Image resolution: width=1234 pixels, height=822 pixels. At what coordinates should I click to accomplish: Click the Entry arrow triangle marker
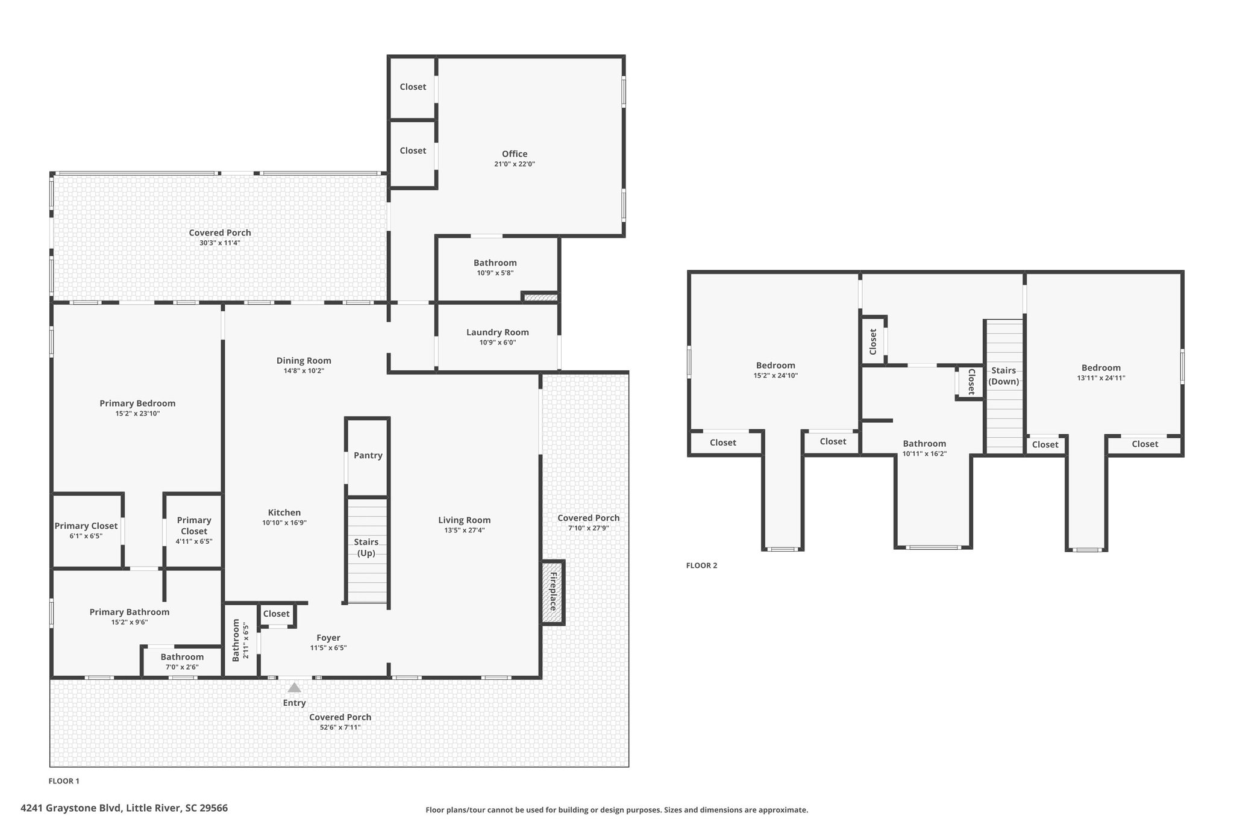tap(294, 688)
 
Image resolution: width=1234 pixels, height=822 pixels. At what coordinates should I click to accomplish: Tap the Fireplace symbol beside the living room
tap(553, 593)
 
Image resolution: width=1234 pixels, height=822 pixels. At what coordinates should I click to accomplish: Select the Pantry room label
tap(368, 455)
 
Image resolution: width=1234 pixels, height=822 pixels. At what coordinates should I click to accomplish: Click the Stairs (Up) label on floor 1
tap(366, 547)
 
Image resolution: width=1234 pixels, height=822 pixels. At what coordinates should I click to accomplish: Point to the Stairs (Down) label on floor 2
tap(1004, 376)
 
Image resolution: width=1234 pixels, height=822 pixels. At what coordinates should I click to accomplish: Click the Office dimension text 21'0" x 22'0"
tap(515, 164)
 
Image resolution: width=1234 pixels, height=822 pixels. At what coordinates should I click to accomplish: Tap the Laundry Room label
tap(498, 332)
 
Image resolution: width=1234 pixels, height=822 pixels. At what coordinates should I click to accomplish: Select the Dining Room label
tap(304, 361)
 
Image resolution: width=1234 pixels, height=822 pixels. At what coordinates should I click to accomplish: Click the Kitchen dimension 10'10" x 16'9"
tap(284, 523)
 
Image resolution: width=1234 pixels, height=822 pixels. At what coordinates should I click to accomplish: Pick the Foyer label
tap(328, 638)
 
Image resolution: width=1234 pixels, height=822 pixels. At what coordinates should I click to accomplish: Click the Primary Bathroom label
tap(130, 612)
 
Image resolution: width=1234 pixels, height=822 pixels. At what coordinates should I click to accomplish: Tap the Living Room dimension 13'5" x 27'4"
tap(465, 531)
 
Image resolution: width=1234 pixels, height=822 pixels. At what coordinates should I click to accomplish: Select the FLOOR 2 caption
tap(702, 565)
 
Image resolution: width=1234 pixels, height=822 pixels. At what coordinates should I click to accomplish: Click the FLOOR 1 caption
tap(64, 781)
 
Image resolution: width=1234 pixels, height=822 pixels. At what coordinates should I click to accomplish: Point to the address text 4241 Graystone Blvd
tap(72, 808)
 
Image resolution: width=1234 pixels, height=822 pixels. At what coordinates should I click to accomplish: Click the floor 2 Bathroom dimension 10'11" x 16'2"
tap(924, 454)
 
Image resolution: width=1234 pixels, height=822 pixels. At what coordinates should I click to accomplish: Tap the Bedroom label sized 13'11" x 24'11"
tap(1101, 368)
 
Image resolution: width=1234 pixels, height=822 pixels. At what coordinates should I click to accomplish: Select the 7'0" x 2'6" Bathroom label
tap(182, 657)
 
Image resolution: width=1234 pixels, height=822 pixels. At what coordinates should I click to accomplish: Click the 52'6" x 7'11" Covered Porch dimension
tap(340, 727)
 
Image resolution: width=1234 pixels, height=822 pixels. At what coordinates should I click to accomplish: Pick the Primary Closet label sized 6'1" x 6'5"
tap(86, 526)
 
